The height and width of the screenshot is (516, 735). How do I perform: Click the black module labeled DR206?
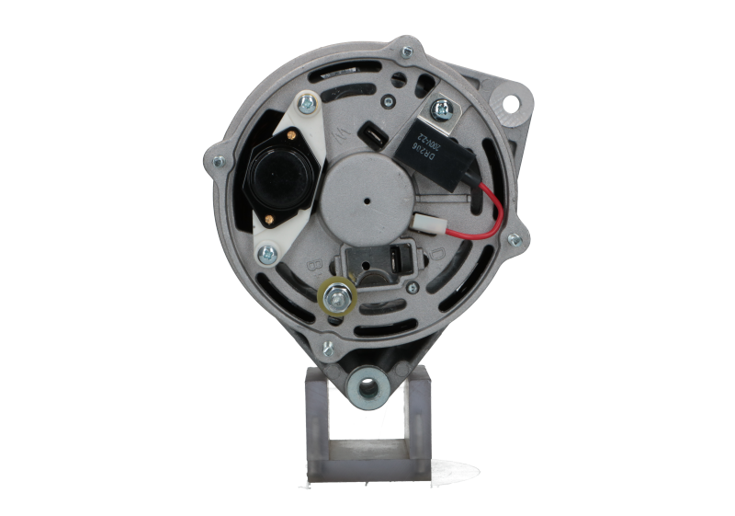tap(431, 146)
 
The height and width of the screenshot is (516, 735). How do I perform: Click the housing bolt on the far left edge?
tap(218, 163)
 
